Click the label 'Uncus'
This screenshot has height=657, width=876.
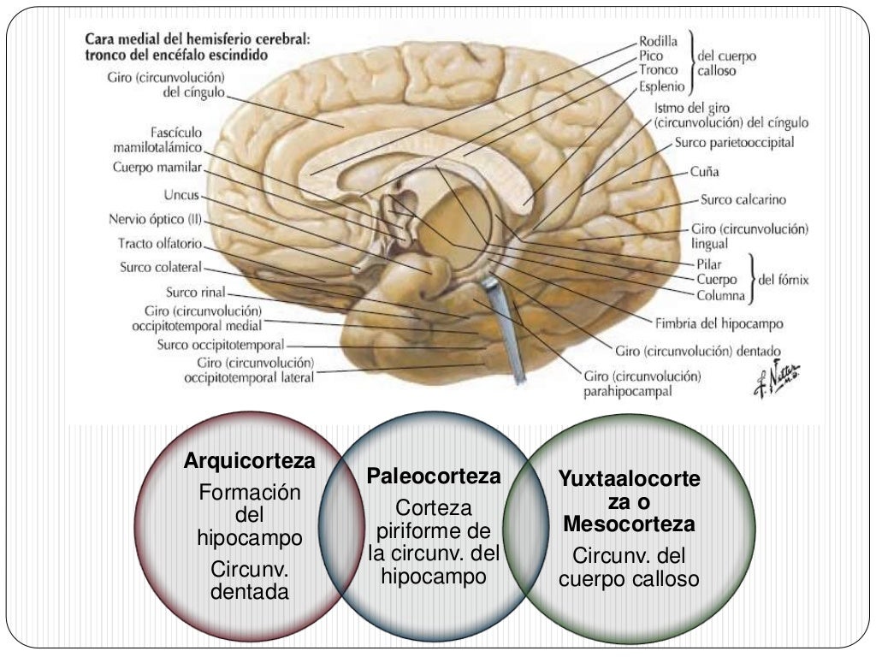tap(182, 196)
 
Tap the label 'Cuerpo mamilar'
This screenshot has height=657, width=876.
tap(157, 168)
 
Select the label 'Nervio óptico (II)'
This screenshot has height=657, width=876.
tap(156, 219)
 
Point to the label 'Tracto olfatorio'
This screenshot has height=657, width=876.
tap(160, 243)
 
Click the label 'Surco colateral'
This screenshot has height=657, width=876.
tap(161, 267)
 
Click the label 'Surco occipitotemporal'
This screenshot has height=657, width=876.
tap(221, 345)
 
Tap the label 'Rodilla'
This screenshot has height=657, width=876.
tap(658, 40)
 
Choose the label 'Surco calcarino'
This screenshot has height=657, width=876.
tap(743, 200)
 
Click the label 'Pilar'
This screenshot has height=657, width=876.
tap(708, 264)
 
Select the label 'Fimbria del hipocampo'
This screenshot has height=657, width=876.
tap(719, 324)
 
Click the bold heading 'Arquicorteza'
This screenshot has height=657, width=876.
tap(250, 462)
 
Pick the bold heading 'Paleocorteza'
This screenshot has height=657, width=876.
tap(434, 476)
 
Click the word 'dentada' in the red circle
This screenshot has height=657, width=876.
tap(250, 591)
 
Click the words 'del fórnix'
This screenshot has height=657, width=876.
tap(784, 280)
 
